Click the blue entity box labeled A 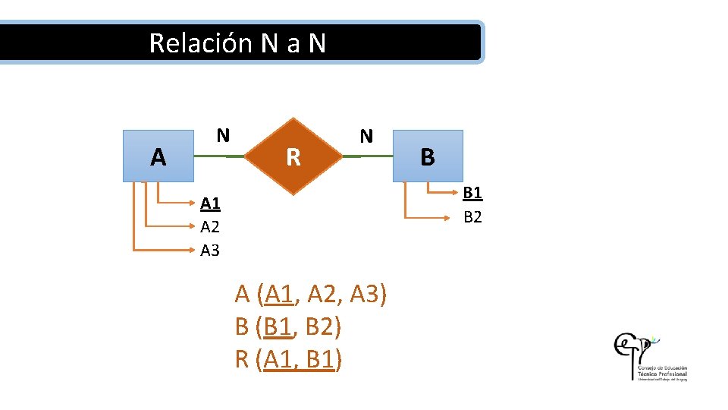tap(158, 156)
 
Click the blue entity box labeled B tap(427, 156)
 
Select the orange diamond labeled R tap(293, 156)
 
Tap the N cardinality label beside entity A tap(222, 136)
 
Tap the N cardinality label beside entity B tap(366, 137)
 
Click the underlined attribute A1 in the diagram tap(210, 203)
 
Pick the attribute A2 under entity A tap(210, 226)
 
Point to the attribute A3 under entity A tap(210, 250)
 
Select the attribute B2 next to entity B tap(472, 217)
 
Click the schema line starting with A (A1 tap(311, 293)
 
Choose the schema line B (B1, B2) tap(288, 326)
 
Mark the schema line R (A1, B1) tap(288, 359)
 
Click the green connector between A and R tap(220, 156)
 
